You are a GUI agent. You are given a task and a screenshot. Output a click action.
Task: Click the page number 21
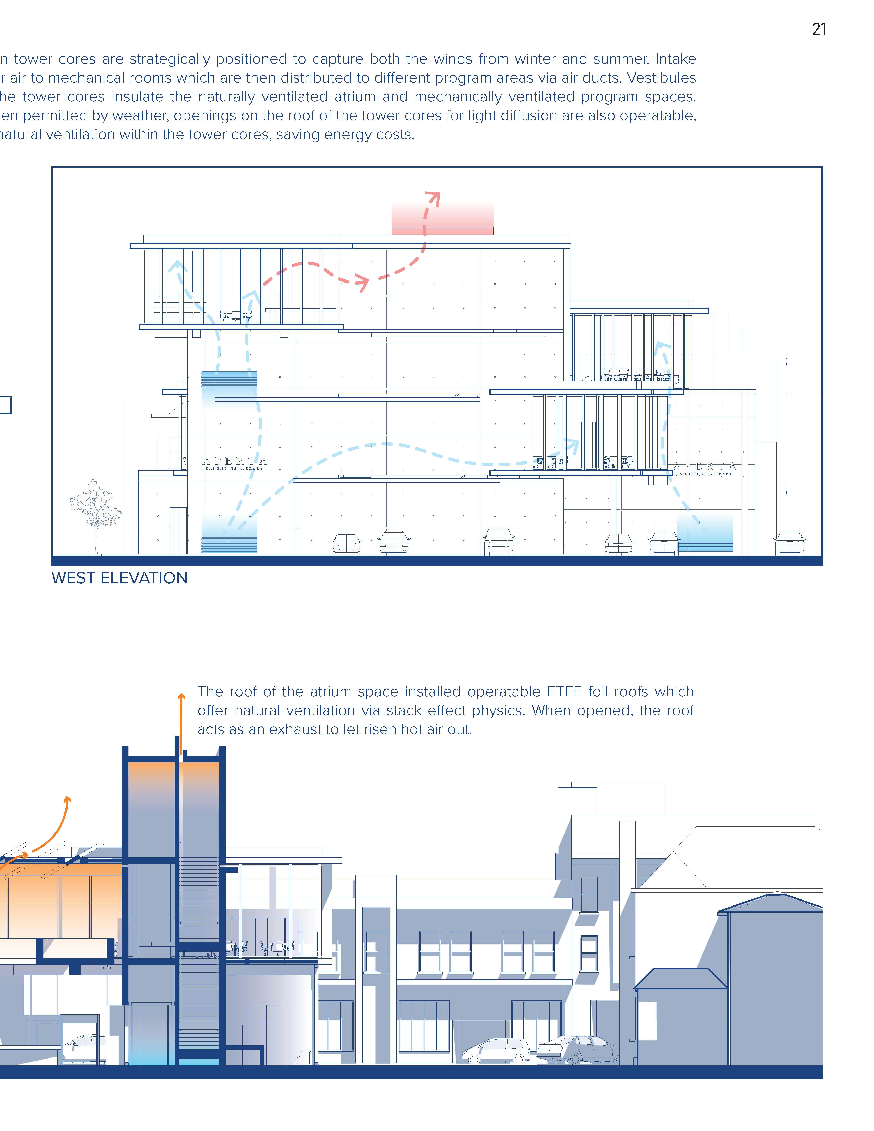point(819,29)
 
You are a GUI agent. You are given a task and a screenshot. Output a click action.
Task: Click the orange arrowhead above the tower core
point(181,697)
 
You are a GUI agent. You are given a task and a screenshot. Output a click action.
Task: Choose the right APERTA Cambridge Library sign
point(704,469)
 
